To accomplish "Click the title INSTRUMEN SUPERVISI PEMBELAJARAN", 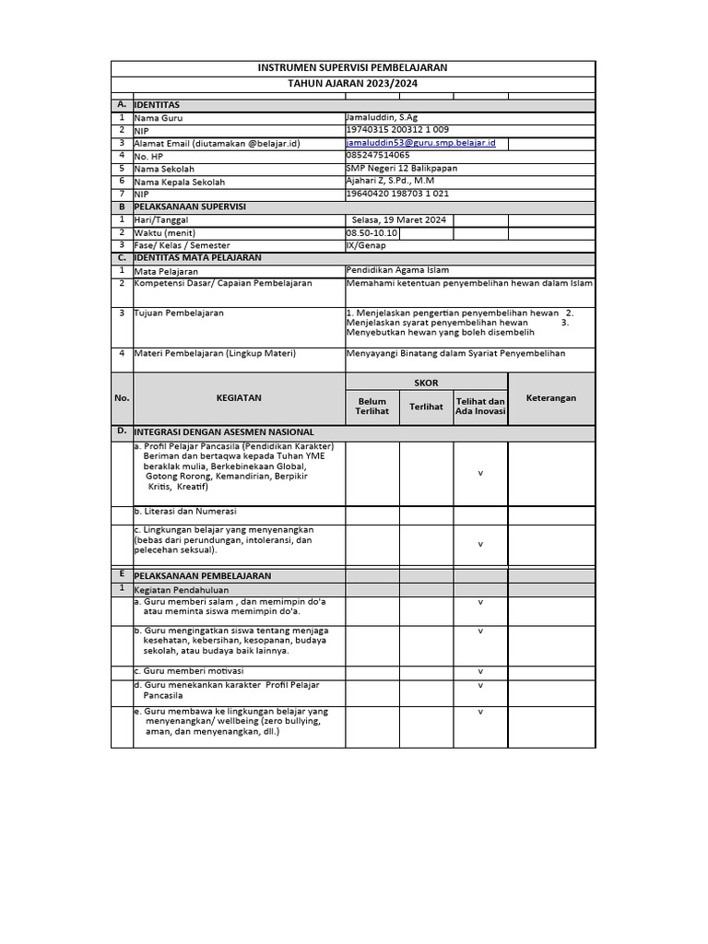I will pyautogui.click(x=353, y=68).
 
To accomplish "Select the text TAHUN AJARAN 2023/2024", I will pyautogui.click(x=353, y=83).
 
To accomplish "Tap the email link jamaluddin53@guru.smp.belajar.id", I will pyautogui.click(x=421, y=143).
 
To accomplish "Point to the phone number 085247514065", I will pyautogui.click(x=378, y=156).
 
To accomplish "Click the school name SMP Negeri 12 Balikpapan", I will pyautogui.click(x=401, y=169).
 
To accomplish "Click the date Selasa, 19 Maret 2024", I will pyautogui.click(x=399, y=220).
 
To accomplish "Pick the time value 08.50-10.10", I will pyautogui.click(x=373, y=233).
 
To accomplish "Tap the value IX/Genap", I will pyautogui.click(x=366, y=246).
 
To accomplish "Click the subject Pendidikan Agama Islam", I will pyautogui.click(x=397, y=271).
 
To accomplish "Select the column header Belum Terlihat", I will pyautogui.click(x=372, y=406).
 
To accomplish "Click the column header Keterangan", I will pyautogui.click(x=551, y=398).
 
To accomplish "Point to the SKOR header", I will pyautogui.click(x=426, y=383).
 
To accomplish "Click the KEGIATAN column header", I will pyautogui.click(x=239, y=398).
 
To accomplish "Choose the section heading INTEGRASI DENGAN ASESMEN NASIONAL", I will pyautogui.click(x=224, y=431).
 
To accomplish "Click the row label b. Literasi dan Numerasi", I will pyautogui.click(x=185, y=511).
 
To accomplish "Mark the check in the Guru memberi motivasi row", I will pyautogui.click(x=480, y=671).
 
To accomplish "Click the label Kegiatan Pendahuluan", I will pyautogui.click(x=182, y=589).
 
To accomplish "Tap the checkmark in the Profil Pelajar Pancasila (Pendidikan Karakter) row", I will pyautogui.click(x=480, y=473).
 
